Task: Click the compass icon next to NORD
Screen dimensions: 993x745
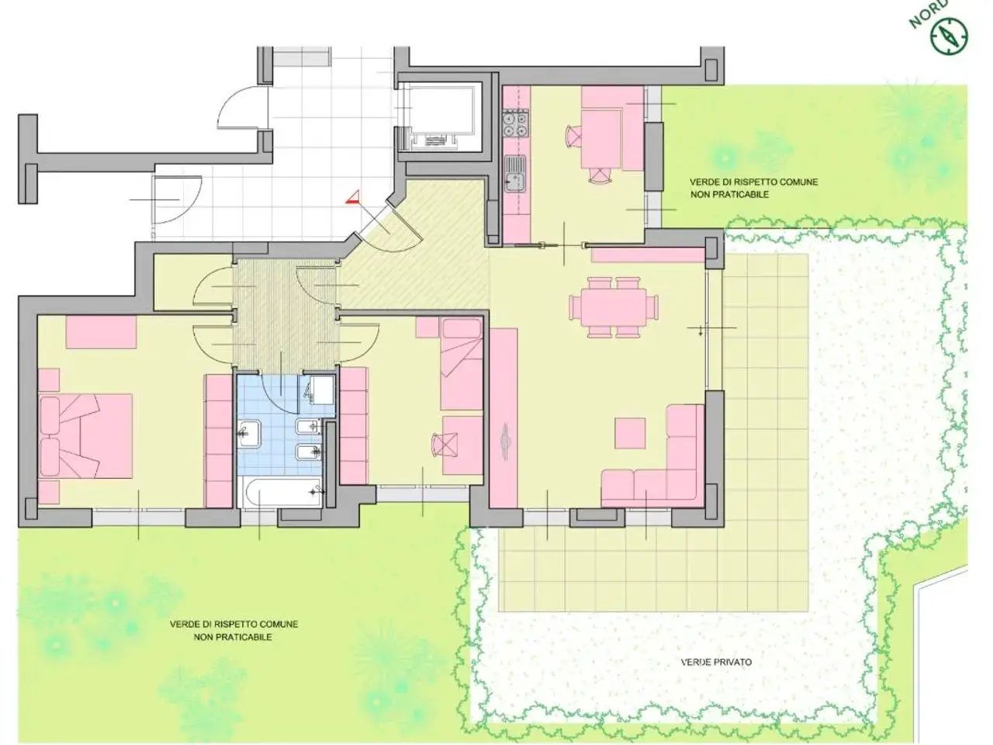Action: tap(949, 35)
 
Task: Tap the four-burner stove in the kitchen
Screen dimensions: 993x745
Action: tap(516, 124)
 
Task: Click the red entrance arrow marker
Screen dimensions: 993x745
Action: tap(354, 197)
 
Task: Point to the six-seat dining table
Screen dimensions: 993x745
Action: tap(614, 307)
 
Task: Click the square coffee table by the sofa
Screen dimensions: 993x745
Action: tap(630, 433)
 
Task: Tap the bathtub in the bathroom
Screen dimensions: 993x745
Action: tap(282, 492)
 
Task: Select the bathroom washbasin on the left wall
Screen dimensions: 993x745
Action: tap(248, 433)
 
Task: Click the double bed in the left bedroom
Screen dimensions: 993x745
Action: tap(86, 435)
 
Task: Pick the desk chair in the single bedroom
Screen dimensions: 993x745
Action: tap(445, 445)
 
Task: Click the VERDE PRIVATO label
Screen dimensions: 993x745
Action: tap(716, 662)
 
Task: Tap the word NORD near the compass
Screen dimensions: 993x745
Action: tap(926, 13)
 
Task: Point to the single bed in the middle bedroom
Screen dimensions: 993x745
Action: tap(462, 364)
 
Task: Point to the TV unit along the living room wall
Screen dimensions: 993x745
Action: tap(503, 418)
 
